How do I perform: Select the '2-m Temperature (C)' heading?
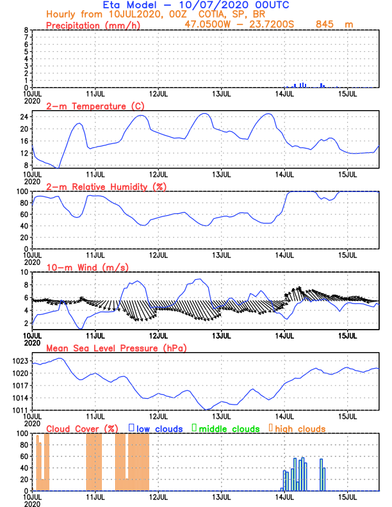88,106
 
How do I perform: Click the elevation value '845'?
326,24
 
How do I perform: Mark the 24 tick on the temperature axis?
24,117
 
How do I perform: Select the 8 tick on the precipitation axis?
26,30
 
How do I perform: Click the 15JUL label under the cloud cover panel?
347,497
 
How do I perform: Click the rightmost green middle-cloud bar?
325,479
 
